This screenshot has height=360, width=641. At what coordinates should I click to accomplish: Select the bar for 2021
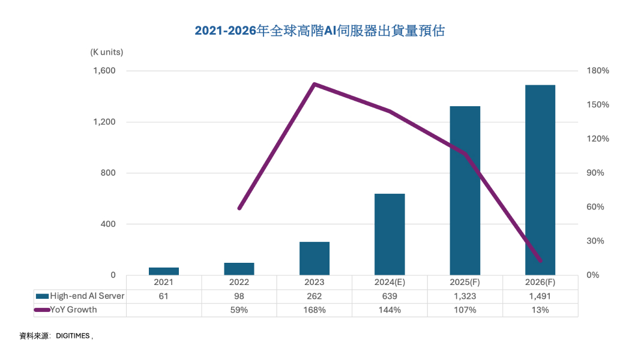tap(164, 271)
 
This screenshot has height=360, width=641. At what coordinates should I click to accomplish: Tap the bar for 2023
tap(314, 259)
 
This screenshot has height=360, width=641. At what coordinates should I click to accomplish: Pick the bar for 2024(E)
tap(390, 235)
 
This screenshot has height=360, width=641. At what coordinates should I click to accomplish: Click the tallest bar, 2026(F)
tap(540, 180)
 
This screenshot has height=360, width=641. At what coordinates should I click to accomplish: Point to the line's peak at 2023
tap(314, 84)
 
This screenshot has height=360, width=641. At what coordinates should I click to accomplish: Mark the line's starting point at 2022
tap(239, 208)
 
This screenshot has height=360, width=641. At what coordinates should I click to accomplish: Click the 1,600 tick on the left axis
tap(104, 71)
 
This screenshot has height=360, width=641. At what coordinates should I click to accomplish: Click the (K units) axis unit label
tap(106, 52)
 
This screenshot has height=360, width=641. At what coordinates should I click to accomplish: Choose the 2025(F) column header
tap(465, 282)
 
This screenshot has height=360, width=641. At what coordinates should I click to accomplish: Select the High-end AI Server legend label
tap(87, 296)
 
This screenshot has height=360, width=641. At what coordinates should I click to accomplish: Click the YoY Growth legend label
tap(74, 310)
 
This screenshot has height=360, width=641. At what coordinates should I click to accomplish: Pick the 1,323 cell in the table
tap(465, 296)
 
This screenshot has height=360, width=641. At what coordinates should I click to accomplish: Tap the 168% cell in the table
tap(314, 310)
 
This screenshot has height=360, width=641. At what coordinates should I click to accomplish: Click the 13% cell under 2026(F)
tap(540, 310)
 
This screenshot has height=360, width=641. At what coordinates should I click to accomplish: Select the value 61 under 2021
tap(164, 296)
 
